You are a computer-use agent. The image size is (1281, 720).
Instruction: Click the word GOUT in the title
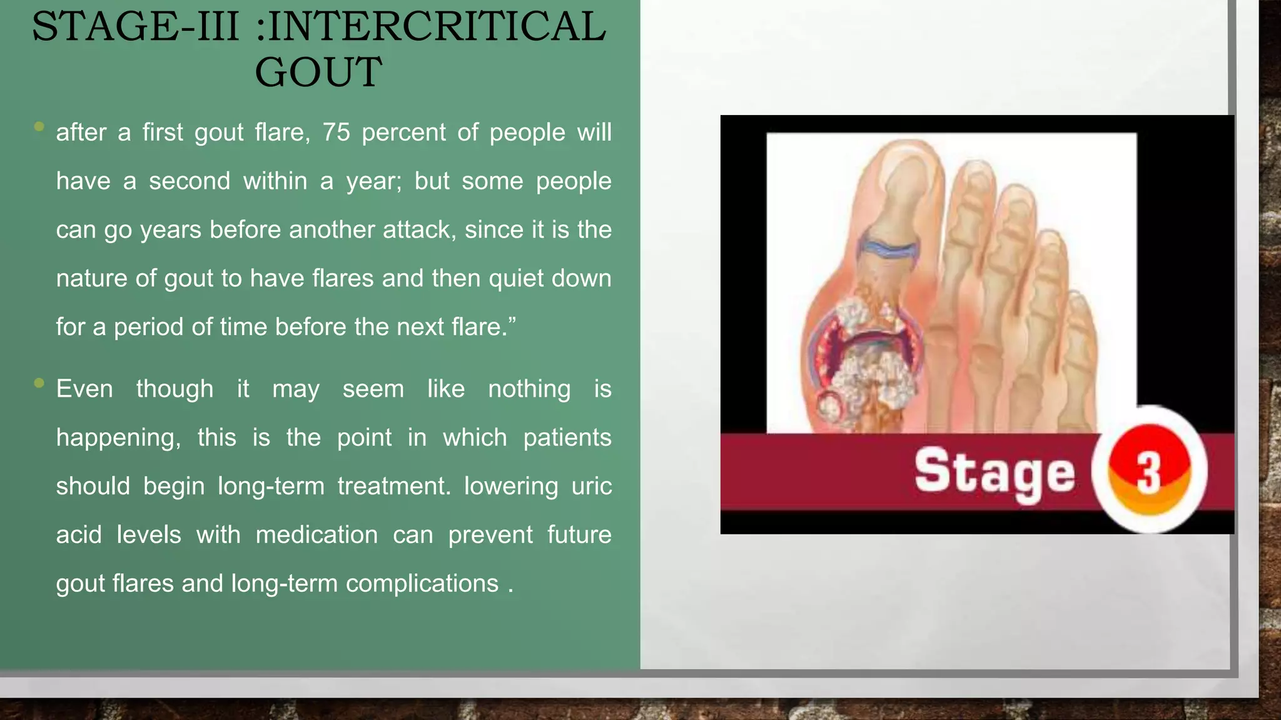[318, 72]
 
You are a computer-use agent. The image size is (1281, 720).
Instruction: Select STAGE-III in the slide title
[135, 27]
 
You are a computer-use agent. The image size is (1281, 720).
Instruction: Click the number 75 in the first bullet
[336, 132]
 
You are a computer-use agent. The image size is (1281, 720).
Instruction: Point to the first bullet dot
[39, 127]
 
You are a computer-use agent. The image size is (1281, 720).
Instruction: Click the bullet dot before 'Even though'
[39, 382]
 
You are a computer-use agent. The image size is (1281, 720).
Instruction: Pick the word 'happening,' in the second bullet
[118, 438]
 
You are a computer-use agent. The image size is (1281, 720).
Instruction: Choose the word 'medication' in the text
[316, 535]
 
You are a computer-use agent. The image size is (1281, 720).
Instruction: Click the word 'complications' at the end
[422, 584]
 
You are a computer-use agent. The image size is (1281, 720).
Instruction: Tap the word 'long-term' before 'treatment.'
[271, 486]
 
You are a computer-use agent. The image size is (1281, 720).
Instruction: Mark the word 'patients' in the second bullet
[567, 437]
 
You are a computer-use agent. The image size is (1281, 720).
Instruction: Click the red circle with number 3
[1148, 470]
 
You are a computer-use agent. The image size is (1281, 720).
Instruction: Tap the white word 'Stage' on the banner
[995, 473]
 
